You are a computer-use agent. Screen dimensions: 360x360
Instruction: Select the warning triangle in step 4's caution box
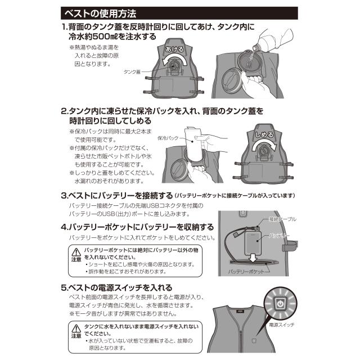[x=75, y=251]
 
